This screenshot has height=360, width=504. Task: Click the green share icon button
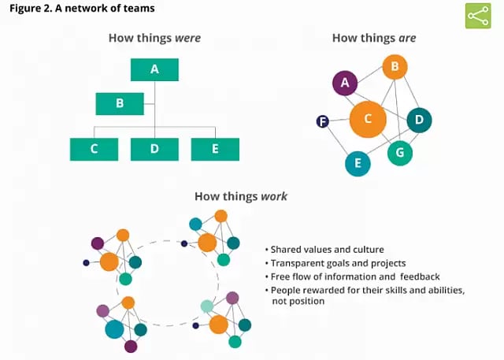pyautogui.click(x=478, y=16)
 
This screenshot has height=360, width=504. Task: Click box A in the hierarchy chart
pyautogui.click(x=155, y=69)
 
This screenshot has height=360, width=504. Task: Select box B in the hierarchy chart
pyautogui.click(x=120, y=103)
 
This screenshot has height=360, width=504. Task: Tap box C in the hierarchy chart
pyautogui.click(x=94, y=149)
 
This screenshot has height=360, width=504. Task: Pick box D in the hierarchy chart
pyautogui.click(x=154, y=149)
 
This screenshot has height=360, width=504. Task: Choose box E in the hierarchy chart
pyautogui.click(x=215, y=149)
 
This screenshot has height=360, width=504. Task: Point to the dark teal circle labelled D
pyautogui.click(x=419, y=121)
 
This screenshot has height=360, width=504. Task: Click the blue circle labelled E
pyautogui.click(x=358, y=163)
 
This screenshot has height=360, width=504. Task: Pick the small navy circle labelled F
pyautogui.click(x=322, y=121)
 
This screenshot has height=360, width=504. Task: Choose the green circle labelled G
pyautogui.click(x=400, y=152)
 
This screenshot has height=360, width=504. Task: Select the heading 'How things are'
pyautogui.click(x=374, y=37)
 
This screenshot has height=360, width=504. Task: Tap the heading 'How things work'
pyautogui.click(x=241, y=196)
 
